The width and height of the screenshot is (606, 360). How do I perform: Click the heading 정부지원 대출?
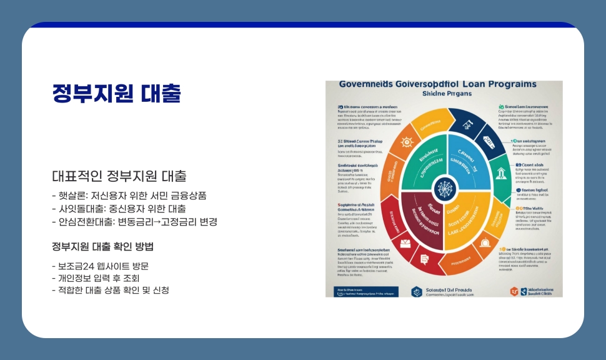[x=117, y=94]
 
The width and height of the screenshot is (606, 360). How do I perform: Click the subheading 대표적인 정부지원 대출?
[x=119, y=176]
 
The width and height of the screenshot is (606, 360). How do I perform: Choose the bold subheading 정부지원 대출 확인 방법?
[x=102, y=246]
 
